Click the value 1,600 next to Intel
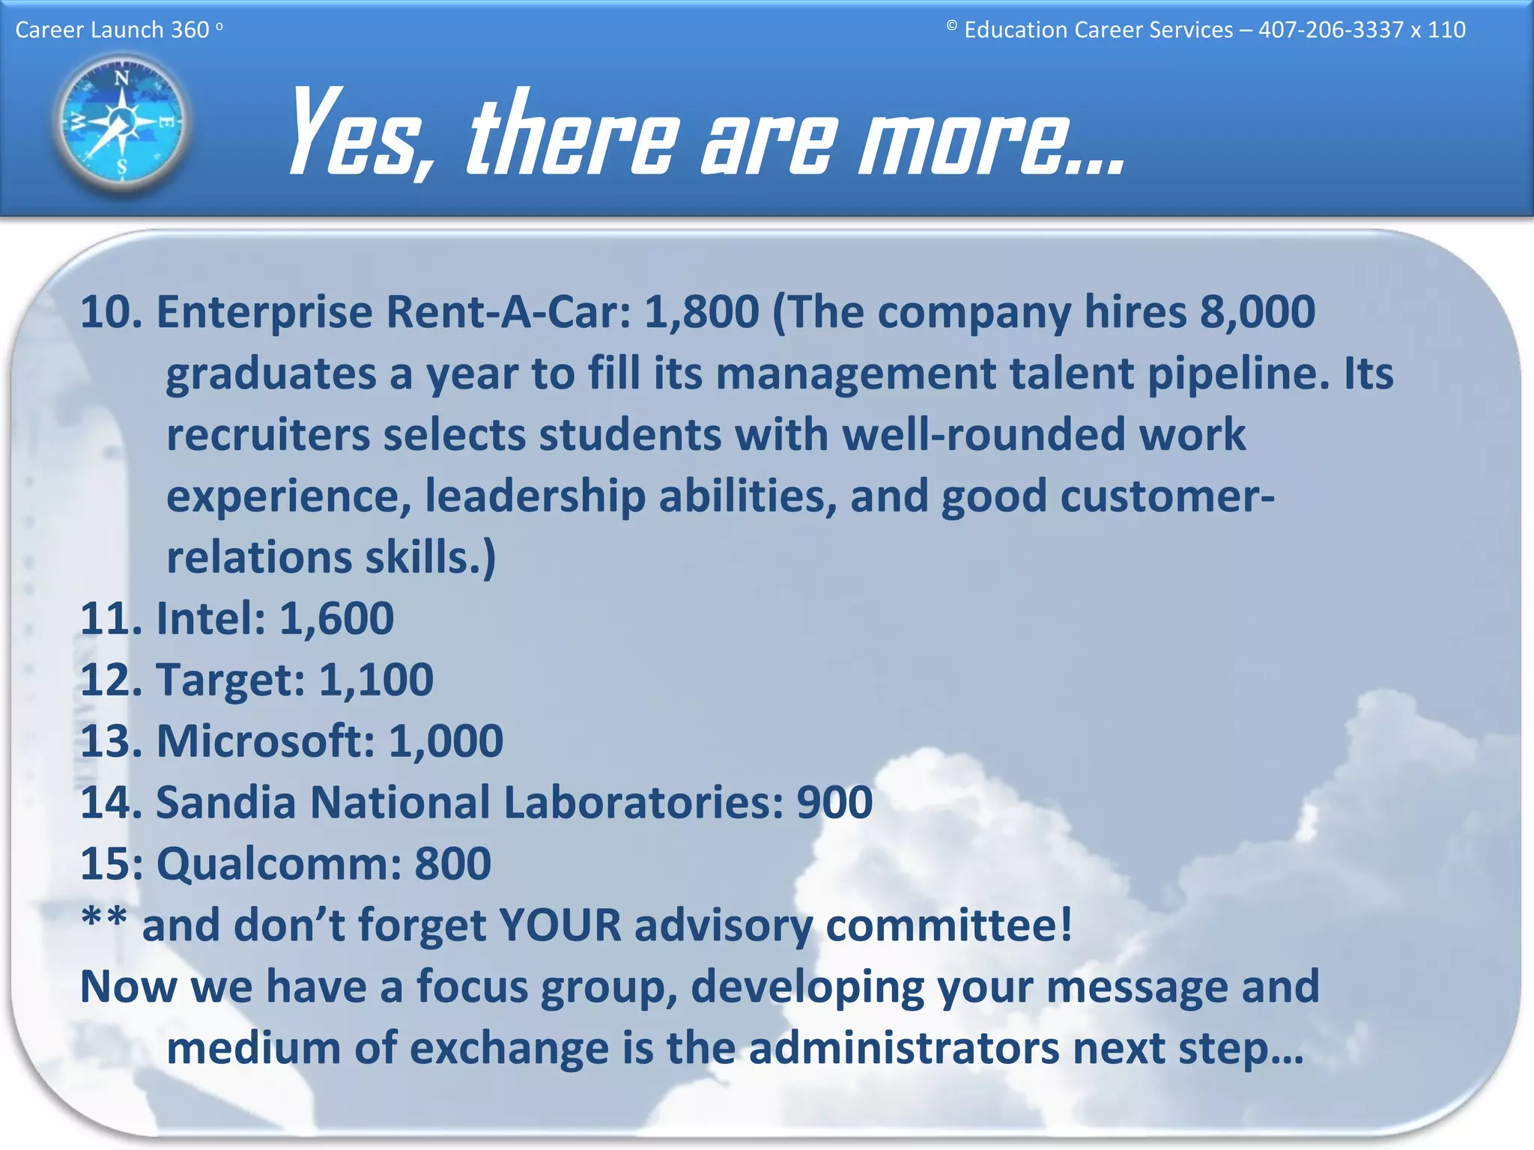(x=336, y=618)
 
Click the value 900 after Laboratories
(x=834, y=803)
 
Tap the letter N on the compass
(x=121, y=77)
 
